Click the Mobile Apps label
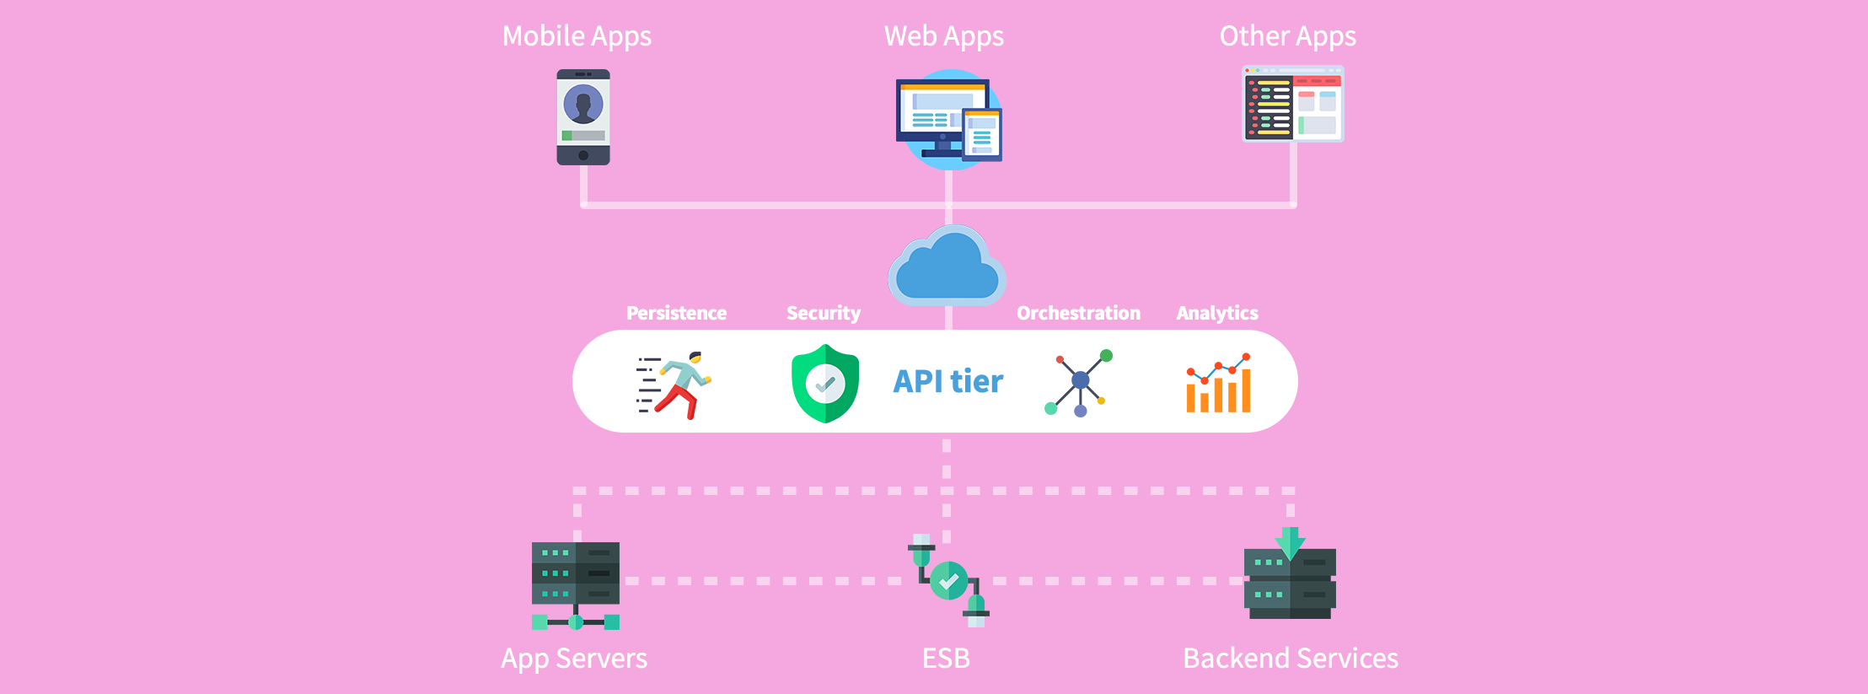[x=577, y=36]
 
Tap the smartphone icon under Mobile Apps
[x=583, y=117]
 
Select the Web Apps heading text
[x=943, y=36]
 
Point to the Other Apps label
[x=1287, y=36]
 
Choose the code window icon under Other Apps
[x=1293, y=104]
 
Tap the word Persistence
[x=676, y=313]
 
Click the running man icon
[x=674, y=385]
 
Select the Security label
[x=823, y=313]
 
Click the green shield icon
[x=825, y=384]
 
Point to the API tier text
[x=948, y=381]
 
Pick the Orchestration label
[x=1078, y=313]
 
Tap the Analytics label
[x=1216, y=313]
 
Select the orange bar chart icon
[x=1218, y=385]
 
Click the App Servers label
[x=574, y=658]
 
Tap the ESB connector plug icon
[x=948, y=581]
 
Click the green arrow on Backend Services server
[x=1290, y=542]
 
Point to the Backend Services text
[x=1290, y=658]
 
